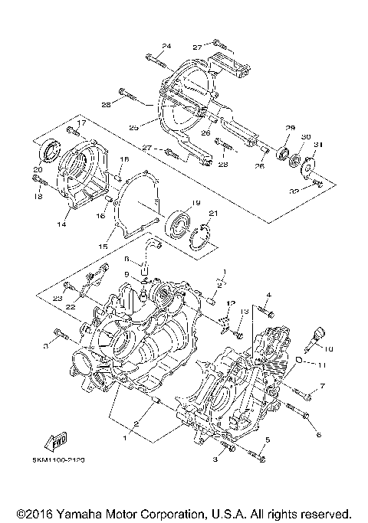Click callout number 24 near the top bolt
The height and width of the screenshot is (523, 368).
coord(166,46)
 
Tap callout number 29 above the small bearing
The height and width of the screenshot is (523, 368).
coord(291,127)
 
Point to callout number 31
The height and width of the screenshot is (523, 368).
coord(317,144)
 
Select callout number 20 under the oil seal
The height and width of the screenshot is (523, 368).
coord(38,169)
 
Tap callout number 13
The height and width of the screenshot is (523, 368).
coord(245,312)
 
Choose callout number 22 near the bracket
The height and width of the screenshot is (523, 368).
coord(70,306)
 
